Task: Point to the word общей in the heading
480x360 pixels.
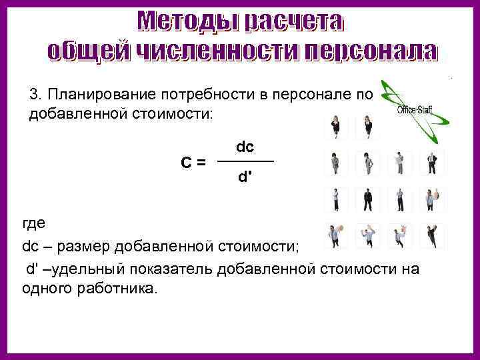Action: coord(89,50)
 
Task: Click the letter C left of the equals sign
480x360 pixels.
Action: coord(187,162)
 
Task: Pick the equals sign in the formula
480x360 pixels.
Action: coord(201,162)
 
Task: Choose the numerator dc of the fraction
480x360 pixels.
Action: coord(245,146)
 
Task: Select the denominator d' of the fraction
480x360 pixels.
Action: coord(245,178)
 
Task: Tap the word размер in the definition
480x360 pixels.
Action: coord(85,247)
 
